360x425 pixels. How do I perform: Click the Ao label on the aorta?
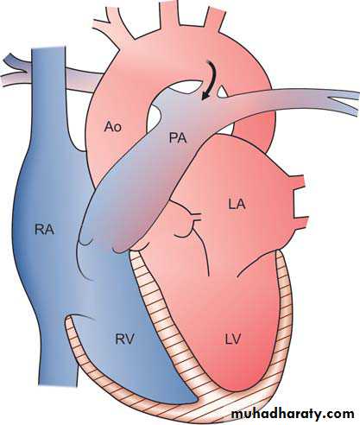click(x=113, y=127)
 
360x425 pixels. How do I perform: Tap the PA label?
click(x=178, y=138)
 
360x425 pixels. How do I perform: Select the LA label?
click(x=237, y=204)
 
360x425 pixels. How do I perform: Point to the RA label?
click(x=44, y=230)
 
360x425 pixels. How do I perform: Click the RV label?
click(x=125, y=339)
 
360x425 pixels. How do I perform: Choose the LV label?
click(x=232, y=339)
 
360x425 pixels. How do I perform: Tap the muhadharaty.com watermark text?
click(x=293, y=414)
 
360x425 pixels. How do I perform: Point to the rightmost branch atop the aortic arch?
click(x=213, y=17)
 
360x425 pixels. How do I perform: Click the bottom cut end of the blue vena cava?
click(x=58, y=384)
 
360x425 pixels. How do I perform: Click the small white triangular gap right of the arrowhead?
click(x=222, y=92)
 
